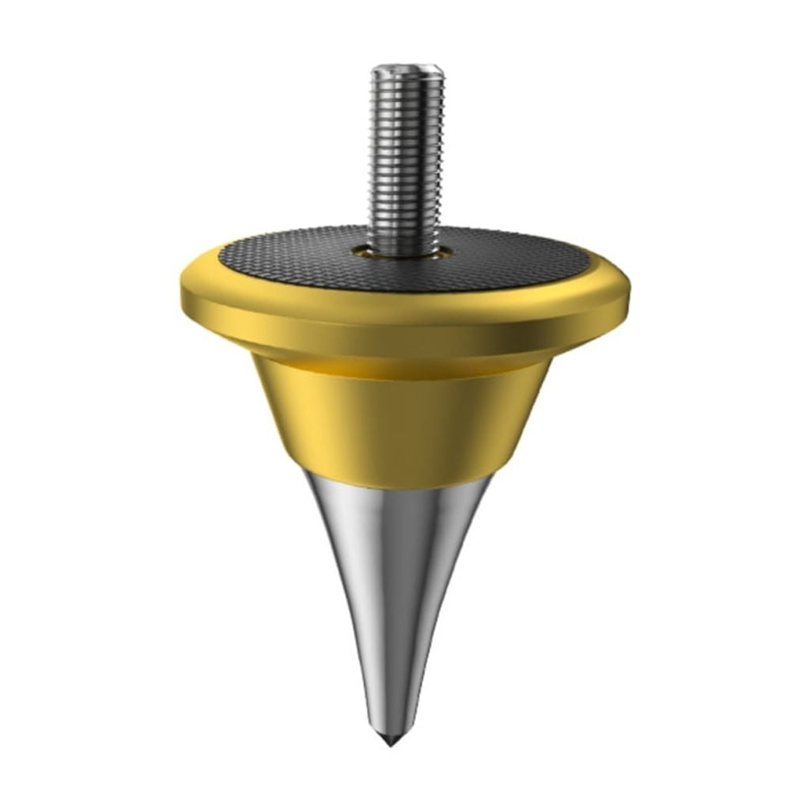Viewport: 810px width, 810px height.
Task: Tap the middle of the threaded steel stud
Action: [407, 158]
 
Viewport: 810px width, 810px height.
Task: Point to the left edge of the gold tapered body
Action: [269, 411]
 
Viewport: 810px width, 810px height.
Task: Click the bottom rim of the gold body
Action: [405, 473]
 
